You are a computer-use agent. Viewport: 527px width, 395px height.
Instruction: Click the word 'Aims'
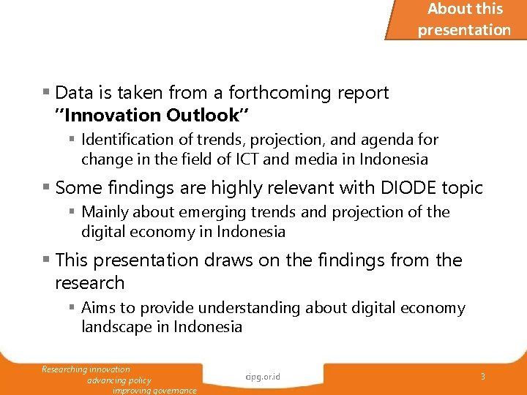(x=97, y=308)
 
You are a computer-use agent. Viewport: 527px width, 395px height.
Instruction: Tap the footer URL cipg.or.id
(x=263, y=377)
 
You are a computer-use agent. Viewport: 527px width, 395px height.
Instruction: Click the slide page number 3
(x=483, y=376)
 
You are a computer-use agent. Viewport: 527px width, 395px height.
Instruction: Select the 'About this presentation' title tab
(x=464, y=20)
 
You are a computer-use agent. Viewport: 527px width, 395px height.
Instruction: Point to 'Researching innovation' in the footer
(x=86, y=369)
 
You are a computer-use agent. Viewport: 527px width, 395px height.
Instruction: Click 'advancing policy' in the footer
(x=119, y=380)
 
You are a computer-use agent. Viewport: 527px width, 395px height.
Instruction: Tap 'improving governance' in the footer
(x=154, y=391)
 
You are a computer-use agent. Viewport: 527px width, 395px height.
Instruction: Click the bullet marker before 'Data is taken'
(x=46, y=93)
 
